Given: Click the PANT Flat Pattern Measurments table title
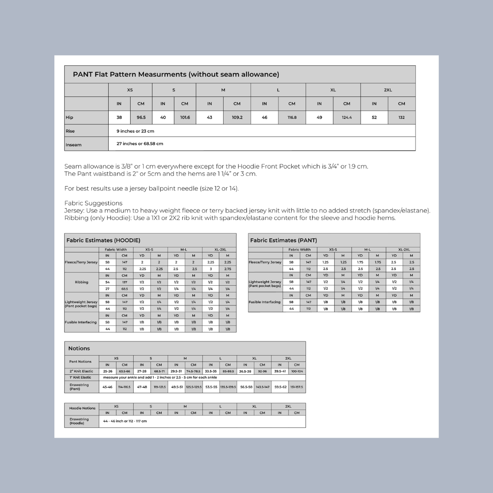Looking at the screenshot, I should coord(176,74).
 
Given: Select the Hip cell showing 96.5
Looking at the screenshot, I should coord(141,117).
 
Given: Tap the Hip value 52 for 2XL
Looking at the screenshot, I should coord(374,117).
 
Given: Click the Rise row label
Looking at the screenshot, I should coord(70,131).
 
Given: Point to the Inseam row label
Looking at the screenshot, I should coord(73,145).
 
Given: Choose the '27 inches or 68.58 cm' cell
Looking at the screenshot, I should coord(140,143).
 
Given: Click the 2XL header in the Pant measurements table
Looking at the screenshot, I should coord(388,90).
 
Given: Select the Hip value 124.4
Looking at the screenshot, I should coord(346,117).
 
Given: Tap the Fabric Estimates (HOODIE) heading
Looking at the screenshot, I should coord(103,240).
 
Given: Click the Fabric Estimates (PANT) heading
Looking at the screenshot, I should coord(283,240).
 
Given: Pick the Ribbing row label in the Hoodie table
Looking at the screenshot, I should coord(81,282).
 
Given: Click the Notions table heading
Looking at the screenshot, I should coord(79,348).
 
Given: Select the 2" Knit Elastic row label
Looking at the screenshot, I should coord(81,371).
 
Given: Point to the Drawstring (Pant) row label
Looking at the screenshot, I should coord(79,387).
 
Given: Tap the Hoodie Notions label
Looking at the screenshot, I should coord(82,408).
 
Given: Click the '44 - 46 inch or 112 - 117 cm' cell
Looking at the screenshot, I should coord(125,421).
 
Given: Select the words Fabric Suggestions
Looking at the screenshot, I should coord(93,203).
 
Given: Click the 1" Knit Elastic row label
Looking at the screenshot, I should coord(80,378).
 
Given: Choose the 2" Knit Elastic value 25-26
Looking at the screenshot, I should coord(107,371).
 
